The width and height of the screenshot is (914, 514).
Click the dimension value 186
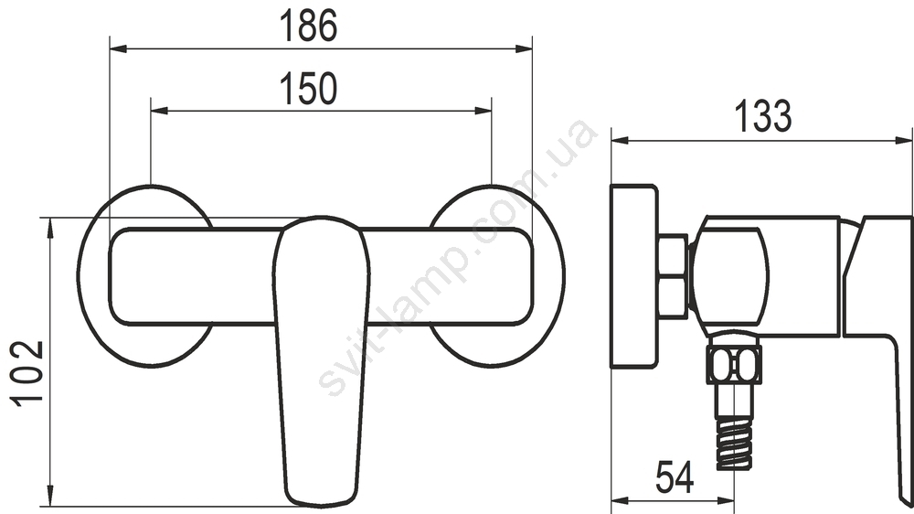click(x=308, y=27)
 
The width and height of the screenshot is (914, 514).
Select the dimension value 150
click(x=308, y=89)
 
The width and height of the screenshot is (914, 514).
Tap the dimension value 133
click(x=763, y=116)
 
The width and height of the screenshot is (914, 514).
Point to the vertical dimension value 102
click(x=27, y=372)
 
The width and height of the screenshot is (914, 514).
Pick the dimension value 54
click(x=675, y=477)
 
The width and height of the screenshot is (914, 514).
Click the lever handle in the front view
click(x=321, y=362)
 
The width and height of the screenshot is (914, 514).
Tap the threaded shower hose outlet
click(x=734, y=445)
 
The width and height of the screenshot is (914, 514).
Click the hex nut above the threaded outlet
click(x=734, y=365)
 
